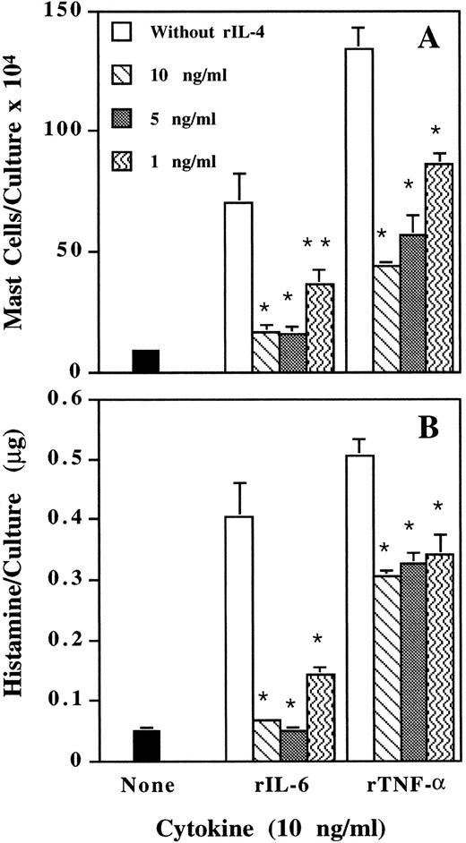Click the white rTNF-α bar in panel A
pos(358,210)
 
